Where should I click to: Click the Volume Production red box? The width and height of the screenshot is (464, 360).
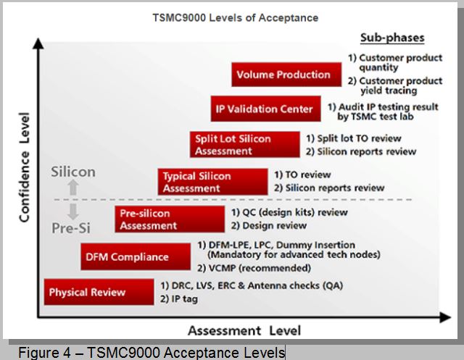click(x=286, y=75)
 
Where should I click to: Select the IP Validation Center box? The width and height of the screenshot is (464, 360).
click(x=266, y=109)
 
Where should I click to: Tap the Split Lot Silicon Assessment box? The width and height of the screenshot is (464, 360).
click(x=245, y=145)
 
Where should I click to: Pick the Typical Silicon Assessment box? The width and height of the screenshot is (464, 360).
click(x=212, y=182)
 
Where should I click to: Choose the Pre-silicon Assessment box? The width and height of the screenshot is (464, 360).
click(x=170, y=219)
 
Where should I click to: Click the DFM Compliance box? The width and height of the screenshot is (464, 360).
click(x=136, y=256)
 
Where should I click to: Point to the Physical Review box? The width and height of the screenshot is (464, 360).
click(x=99, y=292)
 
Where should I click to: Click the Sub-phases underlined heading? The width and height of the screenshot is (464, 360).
click(x=392, y=38)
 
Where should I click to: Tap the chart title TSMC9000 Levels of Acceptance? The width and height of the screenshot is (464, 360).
click(x=236, y=17)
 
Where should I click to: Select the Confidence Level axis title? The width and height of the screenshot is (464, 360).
click(x=24, y=167)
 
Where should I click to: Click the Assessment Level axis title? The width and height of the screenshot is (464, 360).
click(x=244, y=330)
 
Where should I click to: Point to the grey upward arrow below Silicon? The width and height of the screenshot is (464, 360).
click(x=73, y=188)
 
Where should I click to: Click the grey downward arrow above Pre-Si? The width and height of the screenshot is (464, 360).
click(x=72, y=212)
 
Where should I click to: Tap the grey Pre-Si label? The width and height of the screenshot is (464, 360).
click(x=71, y=228)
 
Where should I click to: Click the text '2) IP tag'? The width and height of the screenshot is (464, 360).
click(x=179, y=299)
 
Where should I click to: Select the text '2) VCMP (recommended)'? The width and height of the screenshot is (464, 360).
click(x=254, y=268)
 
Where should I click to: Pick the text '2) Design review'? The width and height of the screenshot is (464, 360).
click(x=269, y=225)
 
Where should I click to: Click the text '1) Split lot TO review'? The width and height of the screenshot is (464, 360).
click(x=354, y=138)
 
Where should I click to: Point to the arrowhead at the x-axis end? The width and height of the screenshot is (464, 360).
click(x=450, y=317)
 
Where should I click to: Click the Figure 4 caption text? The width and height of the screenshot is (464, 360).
click(x=152, y=352)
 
